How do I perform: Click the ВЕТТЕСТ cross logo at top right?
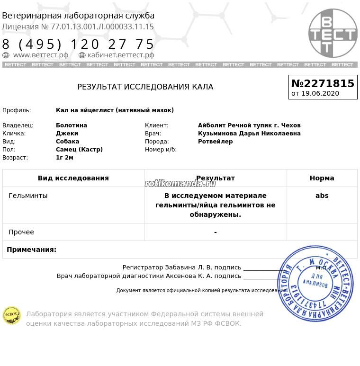pyautogui.click(x=333, y=33)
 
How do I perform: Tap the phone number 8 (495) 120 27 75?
pyautogui.click(x=79, y=45)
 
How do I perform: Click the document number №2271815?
pyautogui.click(x=323, y=83)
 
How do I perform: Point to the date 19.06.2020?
pyautogui.click(x=320, y=93)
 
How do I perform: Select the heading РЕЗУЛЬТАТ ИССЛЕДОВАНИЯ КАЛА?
pyautogui.click(x=145, y=87)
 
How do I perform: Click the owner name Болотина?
pyautogui.click(x=72, y=125)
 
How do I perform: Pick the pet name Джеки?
pyautogui.click(x=67, y=134)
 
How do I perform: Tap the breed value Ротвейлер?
pyautogui.click(x=215, y=142)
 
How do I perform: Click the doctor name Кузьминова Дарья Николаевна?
pyautogui.click(x=249, y=134)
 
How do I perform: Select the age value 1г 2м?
pyautogui.click(x=64, y=158)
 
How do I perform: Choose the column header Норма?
pyautogui.click(x=322, y=178)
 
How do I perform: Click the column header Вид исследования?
pyautogui.click(x=73, y=178)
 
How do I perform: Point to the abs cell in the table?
pyautogui.click(x=322, y=196)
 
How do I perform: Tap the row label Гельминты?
pyautogui.click(x=28, y=196)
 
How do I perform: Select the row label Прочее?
pyautogui.click(x=21, y=232)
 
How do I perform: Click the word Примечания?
pyautogui.click(x=31, y=250)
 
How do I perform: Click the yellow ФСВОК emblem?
pyautogui.click(x=12, y=315)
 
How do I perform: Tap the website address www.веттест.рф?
pyautogui.click(x=41, y=55)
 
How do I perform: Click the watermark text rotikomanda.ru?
pyautogui.click(x=180, y=184)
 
